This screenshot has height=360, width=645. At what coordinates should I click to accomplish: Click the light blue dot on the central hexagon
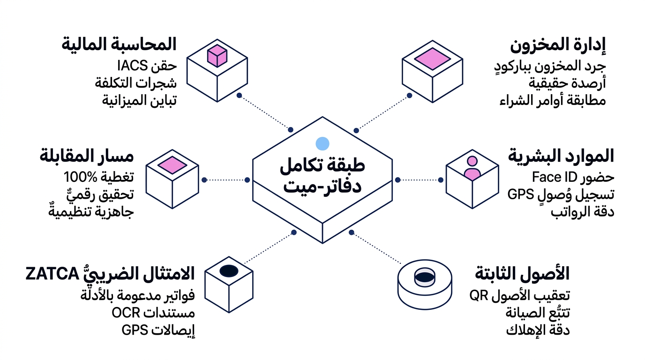coord(322,143)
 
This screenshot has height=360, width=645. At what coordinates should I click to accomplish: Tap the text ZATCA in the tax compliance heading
coord(52,274)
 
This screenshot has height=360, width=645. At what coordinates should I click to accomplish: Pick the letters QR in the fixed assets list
coord(479,295)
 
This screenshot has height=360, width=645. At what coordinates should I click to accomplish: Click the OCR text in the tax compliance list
coord(126,313)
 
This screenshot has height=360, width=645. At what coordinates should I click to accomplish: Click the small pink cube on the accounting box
coord(217,56)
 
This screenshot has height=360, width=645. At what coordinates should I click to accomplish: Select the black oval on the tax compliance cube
coord(229,271)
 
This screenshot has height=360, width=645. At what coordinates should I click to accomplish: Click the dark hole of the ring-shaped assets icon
coord(425,277)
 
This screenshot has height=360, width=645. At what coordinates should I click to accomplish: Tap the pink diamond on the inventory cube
coord(432,59)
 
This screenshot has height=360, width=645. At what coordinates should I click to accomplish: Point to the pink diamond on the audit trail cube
coord(172,165)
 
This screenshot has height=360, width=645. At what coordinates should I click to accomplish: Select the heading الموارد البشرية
coord(561,156)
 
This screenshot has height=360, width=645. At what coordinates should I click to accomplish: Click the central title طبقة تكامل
coord(322,166)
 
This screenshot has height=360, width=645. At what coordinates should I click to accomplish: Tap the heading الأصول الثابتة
coord(522,273)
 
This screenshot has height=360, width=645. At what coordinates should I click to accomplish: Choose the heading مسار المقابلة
coord(87,156)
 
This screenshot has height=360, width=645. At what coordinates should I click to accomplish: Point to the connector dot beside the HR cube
coord(441,180)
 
